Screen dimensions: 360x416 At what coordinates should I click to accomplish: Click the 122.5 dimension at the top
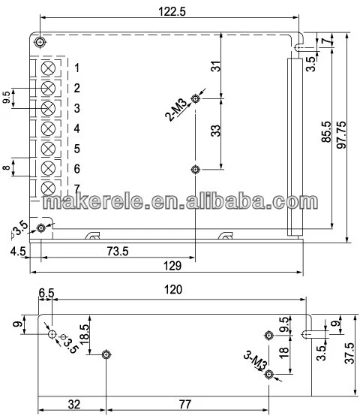[x=172, y=11]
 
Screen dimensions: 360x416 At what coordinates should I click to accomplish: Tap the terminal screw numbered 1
[x=48, y=68]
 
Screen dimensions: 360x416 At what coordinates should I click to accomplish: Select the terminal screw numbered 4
[x=48, y=128]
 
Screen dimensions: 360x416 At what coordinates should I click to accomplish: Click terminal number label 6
[x=76, y=169]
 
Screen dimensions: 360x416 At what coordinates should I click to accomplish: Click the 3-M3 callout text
[x=254, y=361]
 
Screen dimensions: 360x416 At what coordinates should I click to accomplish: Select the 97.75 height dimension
[x=341, y=134]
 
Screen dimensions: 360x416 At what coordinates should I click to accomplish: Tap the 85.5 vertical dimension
[x=326, y=131]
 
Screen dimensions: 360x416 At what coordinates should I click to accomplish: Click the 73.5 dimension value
[x=118, y=251]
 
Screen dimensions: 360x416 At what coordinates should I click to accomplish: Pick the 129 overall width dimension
[x=172, y=266]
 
